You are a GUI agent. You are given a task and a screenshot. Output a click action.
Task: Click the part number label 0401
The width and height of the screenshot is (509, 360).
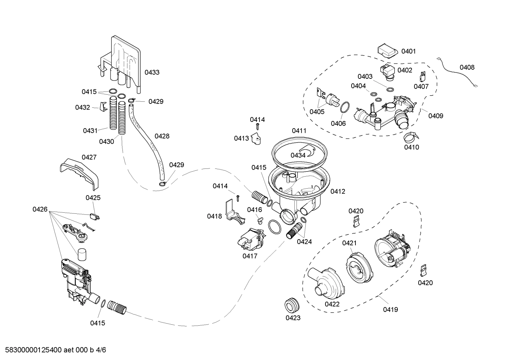(408, 51)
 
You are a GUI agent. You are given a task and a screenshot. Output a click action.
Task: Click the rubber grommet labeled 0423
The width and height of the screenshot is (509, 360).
(292, 305)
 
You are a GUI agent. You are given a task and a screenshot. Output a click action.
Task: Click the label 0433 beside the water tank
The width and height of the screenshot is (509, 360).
(152, 72)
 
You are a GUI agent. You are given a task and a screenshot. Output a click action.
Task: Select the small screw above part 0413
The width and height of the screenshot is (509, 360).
(258, 126)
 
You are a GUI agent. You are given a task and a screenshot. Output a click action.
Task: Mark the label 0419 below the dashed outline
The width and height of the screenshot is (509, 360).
(390, 309)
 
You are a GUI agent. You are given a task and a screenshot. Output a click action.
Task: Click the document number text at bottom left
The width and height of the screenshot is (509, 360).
(53, 350)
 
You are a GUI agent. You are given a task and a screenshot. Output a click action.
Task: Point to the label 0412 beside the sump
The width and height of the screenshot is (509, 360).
(338, 191)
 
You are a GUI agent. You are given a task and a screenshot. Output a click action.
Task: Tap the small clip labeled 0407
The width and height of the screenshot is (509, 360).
(422, 76)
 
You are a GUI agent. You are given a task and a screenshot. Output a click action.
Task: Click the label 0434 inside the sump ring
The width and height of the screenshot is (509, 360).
(298, 155)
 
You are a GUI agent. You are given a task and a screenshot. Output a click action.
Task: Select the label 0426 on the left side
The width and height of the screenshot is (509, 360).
(40, 209)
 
